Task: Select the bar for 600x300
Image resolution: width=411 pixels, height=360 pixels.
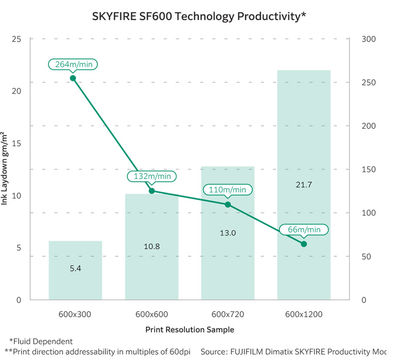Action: point(76,270)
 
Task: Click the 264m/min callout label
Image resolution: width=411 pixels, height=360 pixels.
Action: point(73,64)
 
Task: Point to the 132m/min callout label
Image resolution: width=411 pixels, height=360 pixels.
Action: point(152,176)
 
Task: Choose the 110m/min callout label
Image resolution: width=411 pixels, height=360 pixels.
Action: point(228,190)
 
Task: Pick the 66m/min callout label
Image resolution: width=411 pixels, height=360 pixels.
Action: point(304,229)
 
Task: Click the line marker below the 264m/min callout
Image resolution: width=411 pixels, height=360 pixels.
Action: point(73,78)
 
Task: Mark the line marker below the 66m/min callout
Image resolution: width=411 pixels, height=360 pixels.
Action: point(304,244)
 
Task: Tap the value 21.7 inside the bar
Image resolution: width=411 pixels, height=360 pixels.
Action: point(304,185)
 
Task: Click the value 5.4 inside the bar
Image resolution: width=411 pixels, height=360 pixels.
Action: point(76,268)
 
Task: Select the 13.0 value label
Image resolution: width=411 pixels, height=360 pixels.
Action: point(228,233)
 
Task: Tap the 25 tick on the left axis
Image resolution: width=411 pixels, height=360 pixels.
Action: point(17,39)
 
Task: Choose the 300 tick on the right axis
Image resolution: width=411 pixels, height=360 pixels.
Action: point(369,39)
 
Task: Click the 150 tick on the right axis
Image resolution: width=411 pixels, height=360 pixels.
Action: point(369,170)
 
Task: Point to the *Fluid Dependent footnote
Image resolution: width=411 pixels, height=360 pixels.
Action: point(41,341)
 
